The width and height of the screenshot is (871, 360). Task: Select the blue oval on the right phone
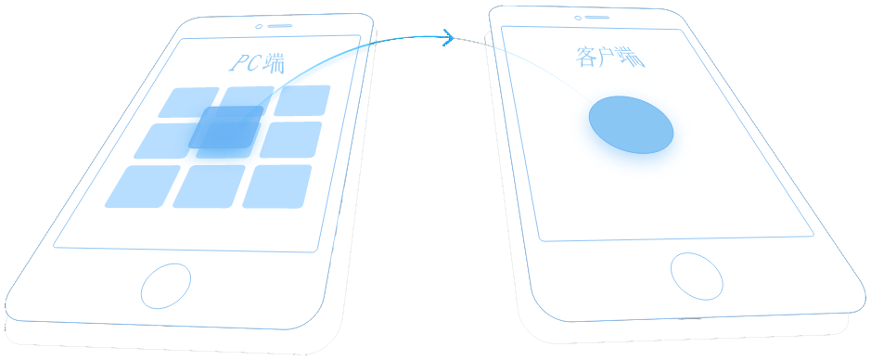point(631,124)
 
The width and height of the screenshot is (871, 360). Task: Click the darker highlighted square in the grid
point(226,127)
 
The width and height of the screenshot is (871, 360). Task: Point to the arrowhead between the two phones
point(448,38)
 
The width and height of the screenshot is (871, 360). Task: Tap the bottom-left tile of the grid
point(143,186)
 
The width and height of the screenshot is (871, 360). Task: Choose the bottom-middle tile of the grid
point(209,186)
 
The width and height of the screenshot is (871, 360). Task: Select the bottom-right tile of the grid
point(276,186)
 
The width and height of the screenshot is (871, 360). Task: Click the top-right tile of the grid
point(302,99)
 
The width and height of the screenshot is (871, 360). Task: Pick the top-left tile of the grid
point(189,103)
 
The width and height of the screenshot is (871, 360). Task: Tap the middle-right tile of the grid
point(290,139)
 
